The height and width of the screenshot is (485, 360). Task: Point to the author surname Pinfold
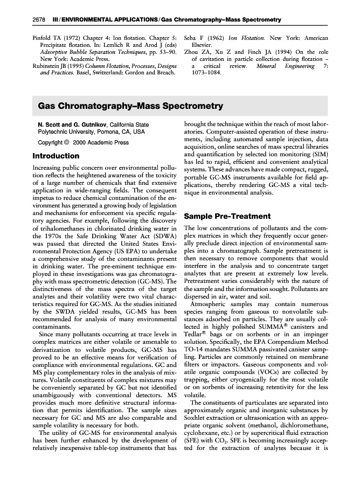[x=41, y=38]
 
